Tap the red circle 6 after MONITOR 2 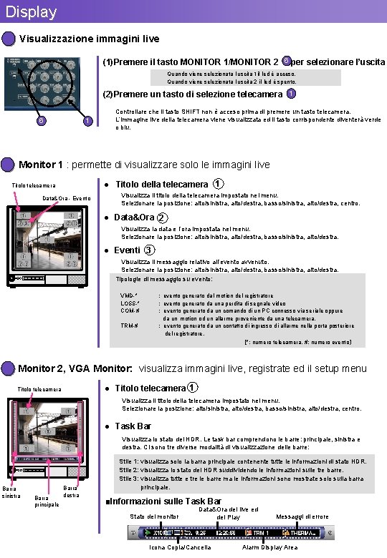287,61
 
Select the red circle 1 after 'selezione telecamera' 290,94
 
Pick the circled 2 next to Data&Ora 163,217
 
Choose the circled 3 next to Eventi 148,250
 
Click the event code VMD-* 129,295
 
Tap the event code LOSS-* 130,303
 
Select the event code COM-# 129,310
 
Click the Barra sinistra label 11,492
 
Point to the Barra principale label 46,501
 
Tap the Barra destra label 71,491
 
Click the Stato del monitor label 154,517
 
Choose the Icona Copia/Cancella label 180,547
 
